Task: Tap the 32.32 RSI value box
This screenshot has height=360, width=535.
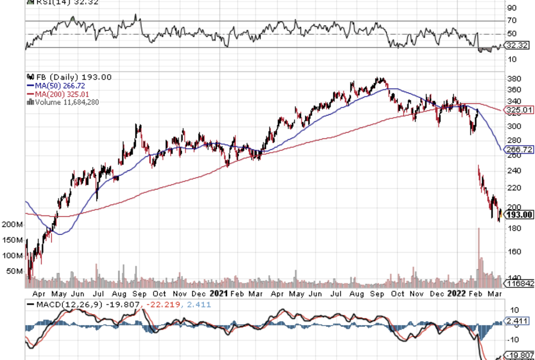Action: pyautogui.click(x=518, y=45)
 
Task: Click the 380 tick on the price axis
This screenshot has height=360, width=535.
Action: pyautogui.click(x=513, y=79)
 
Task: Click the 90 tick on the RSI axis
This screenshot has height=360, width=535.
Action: pyautogui.click(x=511, y=8)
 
